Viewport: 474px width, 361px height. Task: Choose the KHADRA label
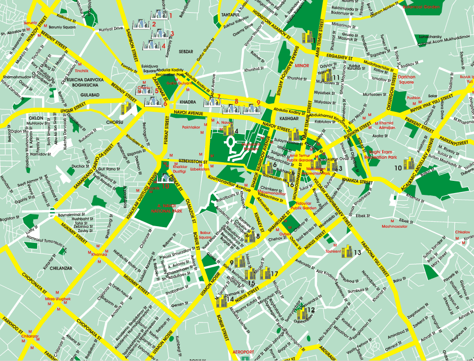(188, 102)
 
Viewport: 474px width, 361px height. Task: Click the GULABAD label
(76, 95)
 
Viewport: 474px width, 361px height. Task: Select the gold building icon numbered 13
(347, 252)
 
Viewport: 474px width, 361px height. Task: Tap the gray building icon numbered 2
(141, 24)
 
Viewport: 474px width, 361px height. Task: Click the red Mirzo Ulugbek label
(58, 298)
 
